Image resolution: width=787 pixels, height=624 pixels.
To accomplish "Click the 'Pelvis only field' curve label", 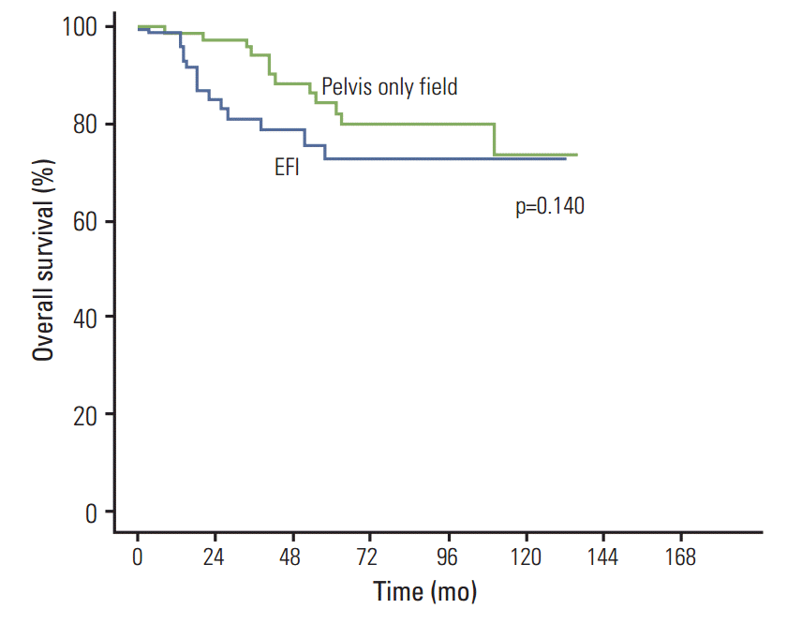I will point(390,87).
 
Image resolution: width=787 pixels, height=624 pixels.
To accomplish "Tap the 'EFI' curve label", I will point(286,170).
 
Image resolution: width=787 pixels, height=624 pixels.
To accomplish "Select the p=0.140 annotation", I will point(550,207).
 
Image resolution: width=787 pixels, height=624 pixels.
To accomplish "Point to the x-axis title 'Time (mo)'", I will point(425,593).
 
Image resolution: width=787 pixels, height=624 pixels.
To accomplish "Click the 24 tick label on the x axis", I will point(215,557).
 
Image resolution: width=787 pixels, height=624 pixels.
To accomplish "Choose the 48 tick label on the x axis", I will point(292,557).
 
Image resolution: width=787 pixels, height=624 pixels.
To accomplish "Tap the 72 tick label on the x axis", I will point(369,557).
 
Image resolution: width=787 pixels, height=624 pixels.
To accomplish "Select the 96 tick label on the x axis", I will point(447,557).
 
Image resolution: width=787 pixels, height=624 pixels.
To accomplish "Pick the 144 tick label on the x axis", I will point(602,557).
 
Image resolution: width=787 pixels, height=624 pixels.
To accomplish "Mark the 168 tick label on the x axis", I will point(679,557).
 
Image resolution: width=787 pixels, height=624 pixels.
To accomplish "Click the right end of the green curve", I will point(576,155).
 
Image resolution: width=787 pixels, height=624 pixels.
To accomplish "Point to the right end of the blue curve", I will point(565,159).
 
